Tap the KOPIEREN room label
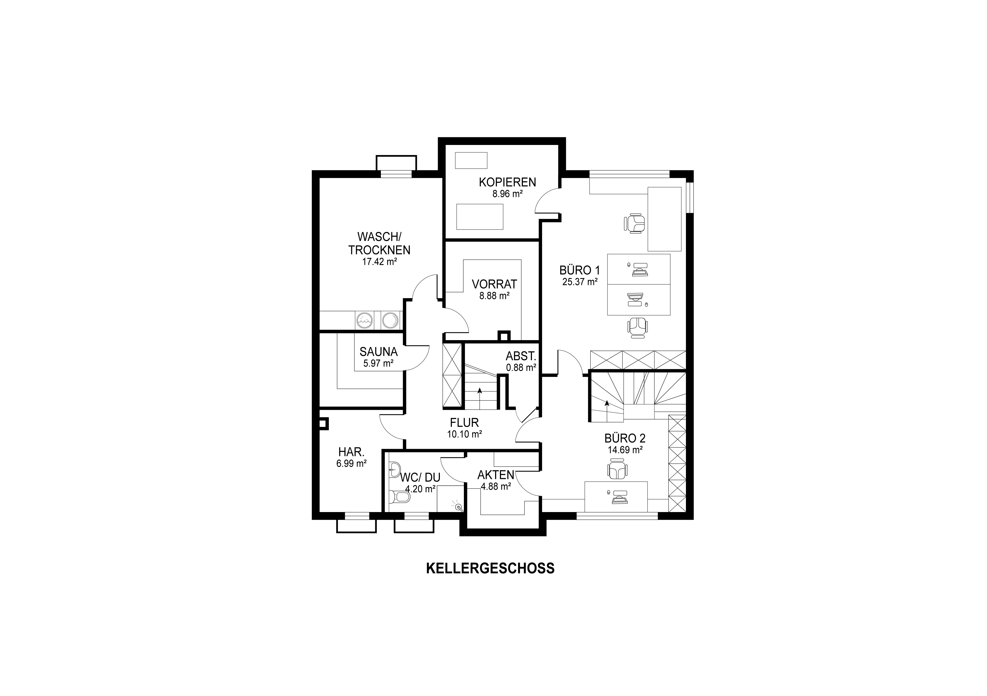coord(507,182)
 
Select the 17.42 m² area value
coord(379,261)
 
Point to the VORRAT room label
coord(494,284)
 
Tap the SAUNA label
coord(379,352)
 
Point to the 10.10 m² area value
coord(464,434)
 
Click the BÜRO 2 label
coord(625,438)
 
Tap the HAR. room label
coord(351,452)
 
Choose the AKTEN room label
coord(496,475)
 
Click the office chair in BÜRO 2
coord(618,469)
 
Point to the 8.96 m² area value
coord(507,194)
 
